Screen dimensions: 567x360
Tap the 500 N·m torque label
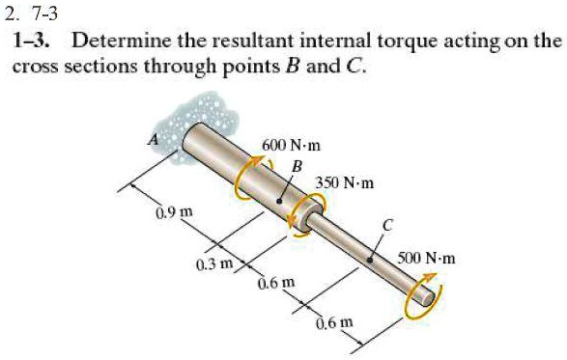tap(431, 259)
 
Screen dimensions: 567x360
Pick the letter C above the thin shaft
tap(387, 225)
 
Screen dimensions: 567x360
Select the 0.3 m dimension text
tap(209, 263)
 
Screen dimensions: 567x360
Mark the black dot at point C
tap(369, 259)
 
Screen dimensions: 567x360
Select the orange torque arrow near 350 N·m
tap(311, 208)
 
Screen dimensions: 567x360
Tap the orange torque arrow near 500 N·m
tap(421, 297)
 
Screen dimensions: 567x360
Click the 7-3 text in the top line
tap(45, 13)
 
